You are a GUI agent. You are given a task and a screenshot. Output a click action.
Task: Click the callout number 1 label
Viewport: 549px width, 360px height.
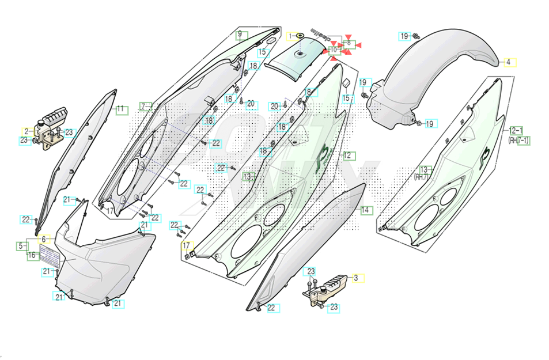[x=291, y=36]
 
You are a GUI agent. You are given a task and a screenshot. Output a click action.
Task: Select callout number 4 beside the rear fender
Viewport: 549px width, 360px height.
[x=509, y=62]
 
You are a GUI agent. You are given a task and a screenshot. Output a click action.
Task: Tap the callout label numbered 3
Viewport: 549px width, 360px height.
[x=356, y=278]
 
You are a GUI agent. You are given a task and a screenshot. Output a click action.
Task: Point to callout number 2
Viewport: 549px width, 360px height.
[x=26, y=131]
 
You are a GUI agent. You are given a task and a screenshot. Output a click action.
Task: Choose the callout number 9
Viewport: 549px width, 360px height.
[x=240, y=35]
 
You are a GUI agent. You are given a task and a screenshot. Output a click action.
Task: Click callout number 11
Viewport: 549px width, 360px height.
[x=121, y=109]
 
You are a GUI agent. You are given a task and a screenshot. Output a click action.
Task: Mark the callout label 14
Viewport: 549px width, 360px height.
[x=365, y=210]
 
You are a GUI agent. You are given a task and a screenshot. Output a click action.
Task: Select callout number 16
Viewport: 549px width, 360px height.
[x=32, y=255]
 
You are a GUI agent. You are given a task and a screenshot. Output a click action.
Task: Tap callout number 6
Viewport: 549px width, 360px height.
[x=44, y=239]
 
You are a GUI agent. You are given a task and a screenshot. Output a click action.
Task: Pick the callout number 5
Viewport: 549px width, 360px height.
[x=21, y=246]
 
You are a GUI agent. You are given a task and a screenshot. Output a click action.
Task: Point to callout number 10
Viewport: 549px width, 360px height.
[x=334, y=51]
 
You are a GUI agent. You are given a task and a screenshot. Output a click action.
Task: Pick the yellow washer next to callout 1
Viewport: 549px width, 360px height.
[x=300, y=37]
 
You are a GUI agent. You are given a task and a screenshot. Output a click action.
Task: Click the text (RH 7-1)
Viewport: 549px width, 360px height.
[x=518, y=140]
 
